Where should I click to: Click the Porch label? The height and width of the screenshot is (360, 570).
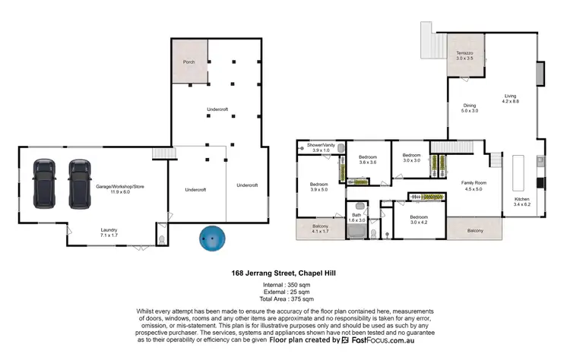189,62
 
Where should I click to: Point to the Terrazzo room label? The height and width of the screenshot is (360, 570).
465,55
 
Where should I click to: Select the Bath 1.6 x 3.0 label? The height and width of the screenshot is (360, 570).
357,217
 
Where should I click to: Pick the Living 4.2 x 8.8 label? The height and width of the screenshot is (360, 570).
510,99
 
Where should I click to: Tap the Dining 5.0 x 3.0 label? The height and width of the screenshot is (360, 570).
470,108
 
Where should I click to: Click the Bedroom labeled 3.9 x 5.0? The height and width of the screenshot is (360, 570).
318,187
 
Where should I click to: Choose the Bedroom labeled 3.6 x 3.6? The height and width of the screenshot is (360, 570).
368,159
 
